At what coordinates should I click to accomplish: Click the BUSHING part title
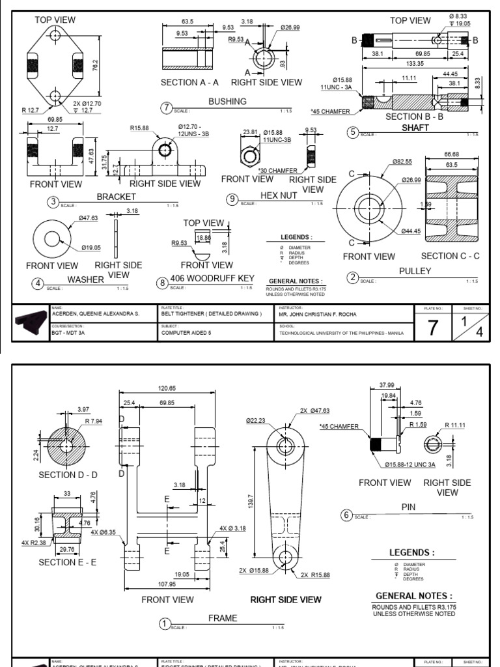(227, 102)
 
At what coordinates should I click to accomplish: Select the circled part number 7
(167, 107)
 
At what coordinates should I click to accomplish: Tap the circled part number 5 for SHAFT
(353, 132)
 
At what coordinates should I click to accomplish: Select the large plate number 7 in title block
(433, 328)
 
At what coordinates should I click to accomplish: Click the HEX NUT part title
(279, 195)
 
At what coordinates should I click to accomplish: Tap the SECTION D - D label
(68, 475)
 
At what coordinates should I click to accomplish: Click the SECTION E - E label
(68, 561)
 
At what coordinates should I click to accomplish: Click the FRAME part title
(223, 618)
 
